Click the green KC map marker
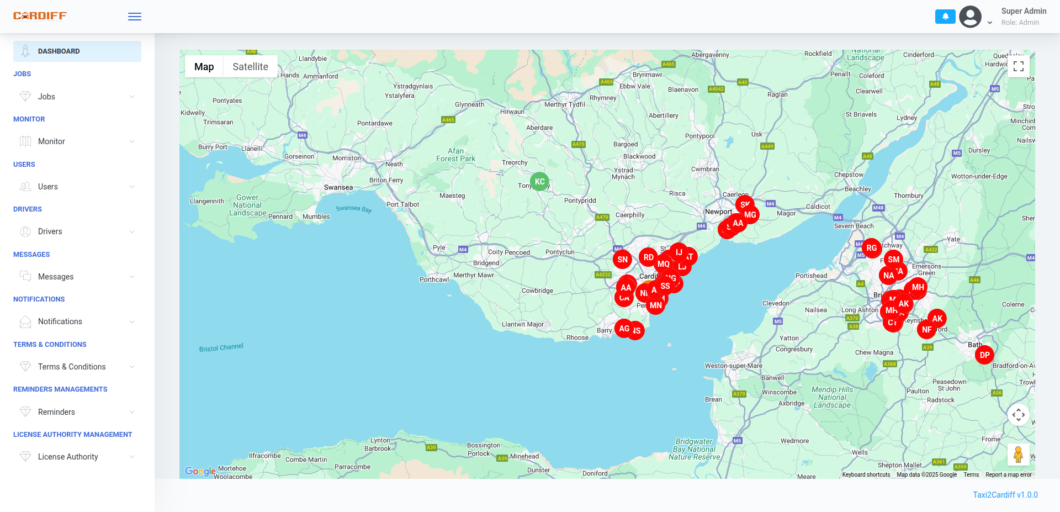coord(539,181)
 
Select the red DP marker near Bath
coord(984,355)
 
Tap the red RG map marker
coord(871,248)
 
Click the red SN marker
coord(622,260)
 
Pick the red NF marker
coord(926,330)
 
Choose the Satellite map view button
coord(250,67)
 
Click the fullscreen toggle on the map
coord(1019,66)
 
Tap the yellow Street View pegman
coord(1018,455)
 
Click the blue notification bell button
coord(945,17)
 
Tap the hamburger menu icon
coord(135,17)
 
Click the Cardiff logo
coord(40,16)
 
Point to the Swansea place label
coord(338,188)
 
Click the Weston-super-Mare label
coord(733,366)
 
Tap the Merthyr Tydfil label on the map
coord(564,104)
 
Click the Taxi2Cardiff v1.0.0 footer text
coord(1005,495)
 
